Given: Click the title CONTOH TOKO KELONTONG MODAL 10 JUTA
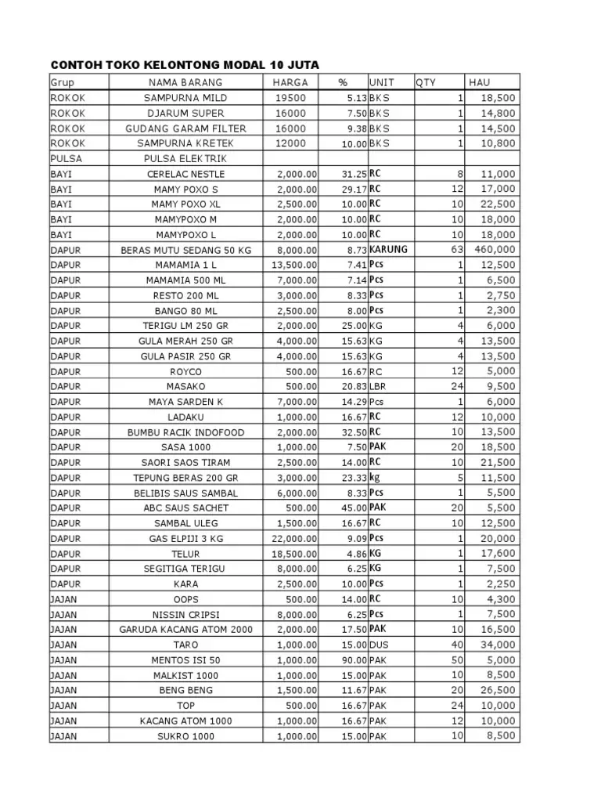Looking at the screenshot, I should point(185,64).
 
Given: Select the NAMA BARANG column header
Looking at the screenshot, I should point(185,82).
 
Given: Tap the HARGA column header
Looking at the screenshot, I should point(290,82).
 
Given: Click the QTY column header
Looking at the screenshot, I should point(426,82).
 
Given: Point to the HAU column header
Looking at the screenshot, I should point(479,82).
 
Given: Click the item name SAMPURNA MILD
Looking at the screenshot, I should point(185,98).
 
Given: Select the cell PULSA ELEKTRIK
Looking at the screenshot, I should point(185,159).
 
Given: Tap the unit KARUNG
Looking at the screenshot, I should point(388,250).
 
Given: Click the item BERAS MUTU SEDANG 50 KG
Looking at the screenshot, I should point(185,250).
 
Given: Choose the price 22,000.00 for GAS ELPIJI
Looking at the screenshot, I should point(294,539).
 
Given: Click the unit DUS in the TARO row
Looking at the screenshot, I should point(379,645).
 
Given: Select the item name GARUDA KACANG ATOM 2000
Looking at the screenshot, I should point(185,630).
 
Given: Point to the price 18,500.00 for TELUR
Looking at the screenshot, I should point(294,554).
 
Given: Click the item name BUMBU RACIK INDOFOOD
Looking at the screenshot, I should point(185,432).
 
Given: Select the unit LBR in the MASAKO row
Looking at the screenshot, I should point(379,387).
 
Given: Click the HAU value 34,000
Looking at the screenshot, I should point(498,645).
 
